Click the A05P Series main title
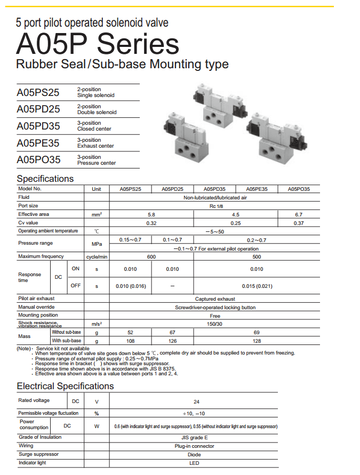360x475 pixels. [98, 44]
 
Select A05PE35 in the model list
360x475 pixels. [38, 143]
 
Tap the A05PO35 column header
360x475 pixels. [299, 189]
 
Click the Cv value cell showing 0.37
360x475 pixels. [299, 223]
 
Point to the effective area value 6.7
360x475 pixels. [299, 214]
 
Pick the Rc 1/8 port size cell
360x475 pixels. [215, 206]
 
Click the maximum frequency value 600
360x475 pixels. [151, 257]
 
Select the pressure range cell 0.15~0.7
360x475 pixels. [130, 240]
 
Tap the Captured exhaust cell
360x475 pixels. [215, 299]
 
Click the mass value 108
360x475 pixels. [130, 341]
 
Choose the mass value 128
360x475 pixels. [257, 341]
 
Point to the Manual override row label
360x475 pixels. [36, 307]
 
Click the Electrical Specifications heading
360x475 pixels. [65, 386]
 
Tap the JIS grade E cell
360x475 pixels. [195, 437]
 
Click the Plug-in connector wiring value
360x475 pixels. [195, 446]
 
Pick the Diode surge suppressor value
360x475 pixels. [195, 455]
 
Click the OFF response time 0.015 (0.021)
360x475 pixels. [257, 286]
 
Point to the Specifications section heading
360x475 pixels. [45, 179]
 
